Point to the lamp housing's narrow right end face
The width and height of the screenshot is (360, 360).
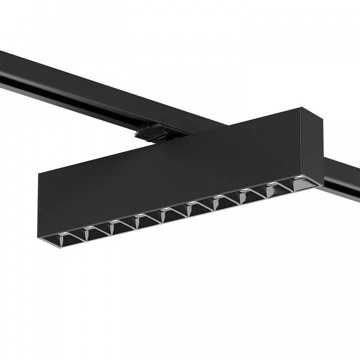[x=313, y=145]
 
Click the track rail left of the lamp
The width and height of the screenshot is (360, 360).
[x=75, y=85]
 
